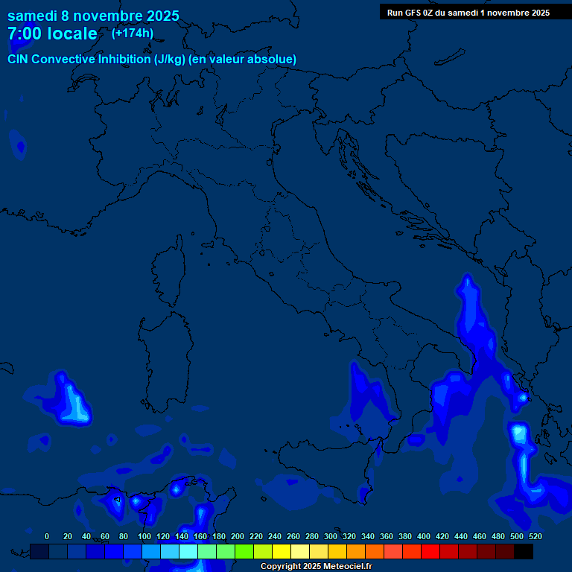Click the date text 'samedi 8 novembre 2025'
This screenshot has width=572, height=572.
tap(93, 15)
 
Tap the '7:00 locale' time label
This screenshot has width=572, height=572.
tap(52, 34)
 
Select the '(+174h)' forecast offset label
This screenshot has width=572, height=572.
tap(133, 33)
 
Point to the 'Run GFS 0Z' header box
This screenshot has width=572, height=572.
tap(468, 12)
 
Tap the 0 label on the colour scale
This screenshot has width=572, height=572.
tap(47, 536)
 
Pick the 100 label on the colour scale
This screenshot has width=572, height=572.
tap(144, 536)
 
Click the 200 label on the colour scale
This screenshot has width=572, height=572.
tap(238, 536)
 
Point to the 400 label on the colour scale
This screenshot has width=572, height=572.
tap(424, 536)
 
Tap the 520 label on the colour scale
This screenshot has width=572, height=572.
tap(535, 536)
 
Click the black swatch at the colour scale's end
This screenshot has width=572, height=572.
tap(524, 551)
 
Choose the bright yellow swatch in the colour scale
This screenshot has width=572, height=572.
tap(282, 551)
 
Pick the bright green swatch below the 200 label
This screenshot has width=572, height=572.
tap(244, 551)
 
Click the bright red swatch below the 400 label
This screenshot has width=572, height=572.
tap(430, 551)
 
